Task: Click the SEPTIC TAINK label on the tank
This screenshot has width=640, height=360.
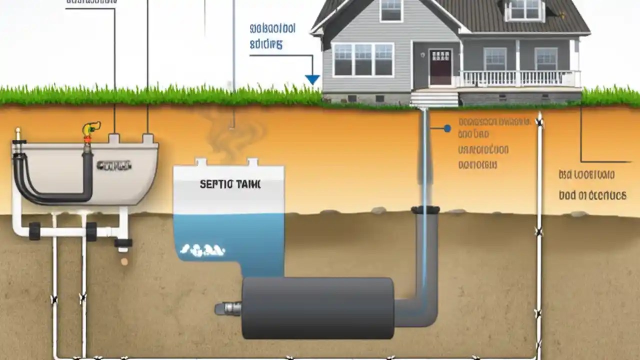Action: coord(230,184)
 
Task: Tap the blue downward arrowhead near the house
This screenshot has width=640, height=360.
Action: coord(312,79)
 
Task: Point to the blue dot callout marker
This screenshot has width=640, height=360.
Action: coord(447,128)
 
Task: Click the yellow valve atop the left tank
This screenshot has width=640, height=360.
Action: coord(90,129)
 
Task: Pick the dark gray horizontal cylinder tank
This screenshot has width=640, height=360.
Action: coord(317,307)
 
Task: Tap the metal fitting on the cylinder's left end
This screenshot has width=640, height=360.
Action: coord(228,308)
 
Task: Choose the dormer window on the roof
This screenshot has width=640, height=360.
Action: coord(523,9)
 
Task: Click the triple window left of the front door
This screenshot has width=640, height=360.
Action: coord(363,59)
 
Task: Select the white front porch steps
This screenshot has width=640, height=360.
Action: coord(434,98)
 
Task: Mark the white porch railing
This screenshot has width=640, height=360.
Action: coord(520,78)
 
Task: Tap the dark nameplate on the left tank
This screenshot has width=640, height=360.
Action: coord(114,165)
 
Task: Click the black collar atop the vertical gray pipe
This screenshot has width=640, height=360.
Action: coord(425,210)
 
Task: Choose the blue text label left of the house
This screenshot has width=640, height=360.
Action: coord(272,35)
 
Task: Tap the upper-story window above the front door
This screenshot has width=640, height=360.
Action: coord(391,10)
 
